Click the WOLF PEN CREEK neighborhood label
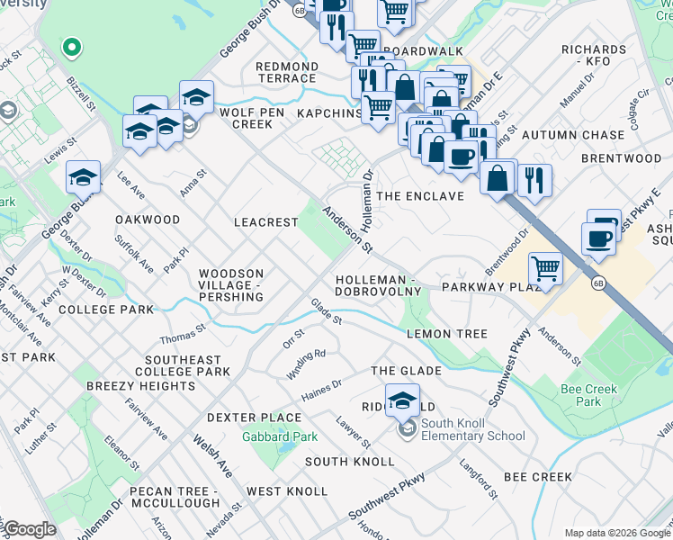[239, 117]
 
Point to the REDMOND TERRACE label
[287, 73]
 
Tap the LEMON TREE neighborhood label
[447, 334]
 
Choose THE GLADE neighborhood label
[406, 371]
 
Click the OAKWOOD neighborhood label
[148, 220]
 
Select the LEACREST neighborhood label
[265, 221]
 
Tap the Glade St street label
[327, 311]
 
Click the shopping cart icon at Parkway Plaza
[545, 267]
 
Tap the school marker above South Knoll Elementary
[402, 400]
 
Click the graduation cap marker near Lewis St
[83, 176]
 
